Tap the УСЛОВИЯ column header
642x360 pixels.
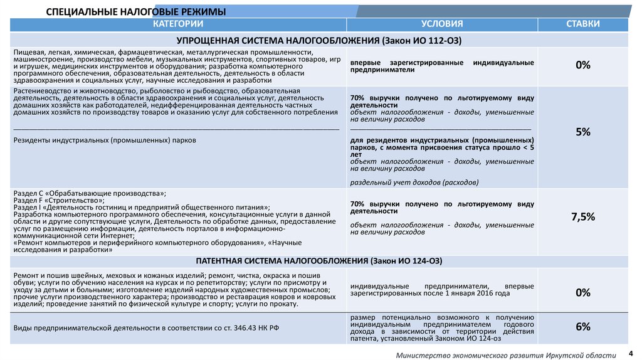tap(442, 24)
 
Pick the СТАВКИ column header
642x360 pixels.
tap(582, 24)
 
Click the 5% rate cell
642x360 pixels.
tap(583, 132)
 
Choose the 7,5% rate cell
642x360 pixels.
tap(583, 216)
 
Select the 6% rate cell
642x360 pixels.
tap(583, 327)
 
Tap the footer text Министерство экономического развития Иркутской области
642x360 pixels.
tap(506, 355)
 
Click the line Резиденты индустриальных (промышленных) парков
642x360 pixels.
tap(105, 140)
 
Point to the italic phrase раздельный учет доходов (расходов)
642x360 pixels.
tap(414, 183)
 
